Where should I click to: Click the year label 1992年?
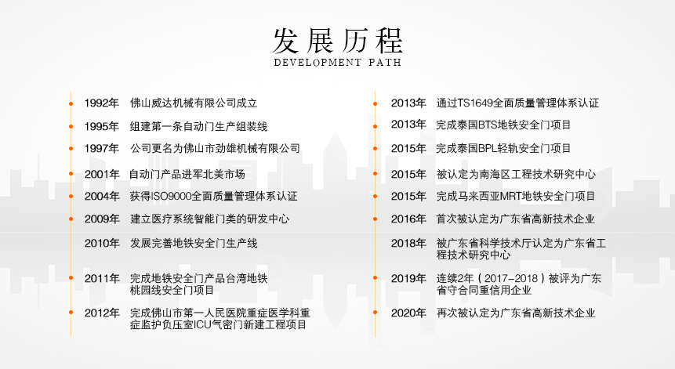[102, 103]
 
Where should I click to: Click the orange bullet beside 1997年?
[71, 149]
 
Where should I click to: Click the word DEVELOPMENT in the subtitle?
[318, 63]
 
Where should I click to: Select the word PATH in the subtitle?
[385, 63]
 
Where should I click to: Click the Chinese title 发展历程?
[338, 41]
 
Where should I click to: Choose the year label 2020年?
[408, 313]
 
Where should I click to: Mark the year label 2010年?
[102, 244]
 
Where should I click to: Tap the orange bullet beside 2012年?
[71, 313]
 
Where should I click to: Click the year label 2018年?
[408, 244]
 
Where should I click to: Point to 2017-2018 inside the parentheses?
[511, 279]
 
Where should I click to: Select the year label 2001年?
[102, 175]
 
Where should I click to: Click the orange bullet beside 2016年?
[376, 219]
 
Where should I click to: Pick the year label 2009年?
[102, 219]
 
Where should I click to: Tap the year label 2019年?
[408, 279]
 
